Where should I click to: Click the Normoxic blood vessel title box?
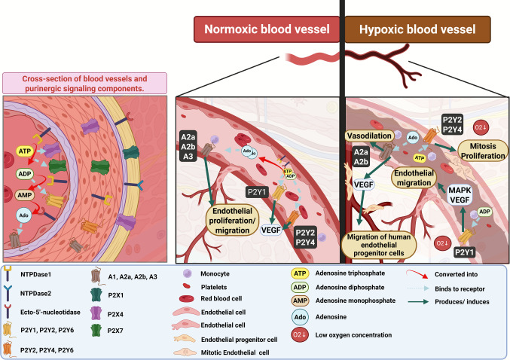(267, 29)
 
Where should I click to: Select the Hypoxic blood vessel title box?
(417, 29)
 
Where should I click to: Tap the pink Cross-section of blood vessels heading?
(84, 84)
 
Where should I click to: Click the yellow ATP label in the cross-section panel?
(25, 151)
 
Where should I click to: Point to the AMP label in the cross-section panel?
(25, 195)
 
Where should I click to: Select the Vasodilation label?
(369, 136)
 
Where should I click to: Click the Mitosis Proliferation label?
(483, 151)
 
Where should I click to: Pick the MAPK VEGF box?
(460, 195)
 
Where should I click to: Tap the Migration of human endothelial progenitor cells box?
(379, 245)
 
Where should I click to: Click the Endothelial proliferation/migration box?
(232, 221)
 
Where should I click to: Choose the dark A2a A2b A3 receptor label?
(188, 147)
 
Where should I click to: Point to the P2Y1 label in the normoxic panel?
(257, 192)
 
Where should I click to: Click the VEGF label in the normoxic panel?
(271, 230)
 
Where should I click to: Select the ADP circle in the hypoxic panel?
(484, 212)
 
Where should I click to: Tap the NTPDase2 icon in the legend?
(8, 293)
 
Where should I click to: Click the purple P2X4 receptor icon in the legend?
(96, 314)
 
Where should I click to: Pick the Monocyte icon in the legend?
(187, 273)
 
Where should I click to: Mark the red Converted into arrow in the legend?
(417, 273)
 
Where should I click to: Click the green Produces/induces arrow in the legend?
(418, 302)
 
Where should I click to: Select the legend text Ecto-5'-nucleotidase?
(50, 313)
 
